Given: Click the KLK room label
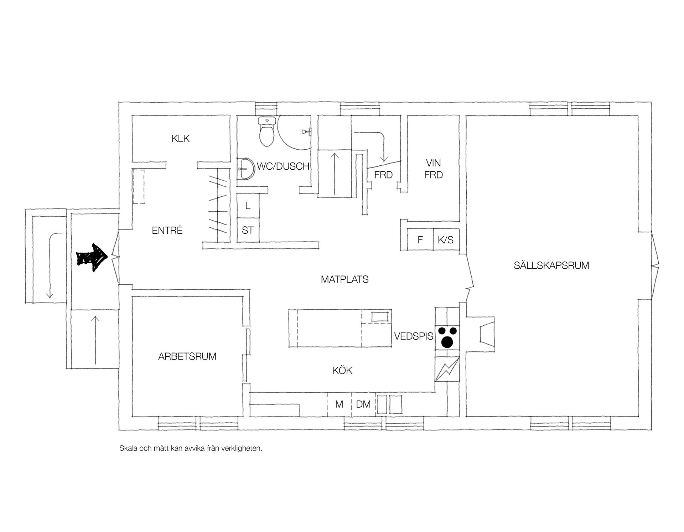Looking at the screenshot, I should [181, 139].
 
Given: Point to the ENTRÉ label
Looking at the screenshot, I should [167, 231].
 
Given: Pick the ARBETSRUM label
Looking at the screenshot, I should [187, 356].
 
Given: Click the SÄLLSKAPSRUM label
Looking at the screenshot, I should [551, 265].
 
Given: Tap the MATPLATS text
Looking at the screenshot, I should [344, 279].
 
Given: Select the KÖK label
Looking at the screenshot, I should [342, 371].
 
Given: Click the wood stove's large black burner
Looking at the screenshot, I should [447, 342].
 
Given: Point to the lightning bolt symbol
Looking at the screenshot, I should [447, 369].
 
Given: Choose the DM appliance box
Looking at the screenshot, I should [363, 404].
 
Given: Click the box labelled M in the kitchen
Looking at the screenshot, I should [339, 404].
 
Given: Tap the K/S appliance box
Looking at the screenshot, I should [446, 240].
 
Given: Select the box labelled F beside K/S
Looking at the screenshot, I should [420, 240].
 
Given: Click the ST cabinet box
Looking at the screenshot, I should [248, 230].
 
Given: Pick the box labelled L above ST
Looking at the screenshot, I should [248, 206].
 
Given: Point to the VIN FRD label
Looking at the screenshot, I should [433, 169].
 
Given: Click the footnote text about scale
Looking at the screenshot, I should [191, 448].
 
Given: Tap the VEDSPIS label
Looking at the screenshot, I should [414, 336].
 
